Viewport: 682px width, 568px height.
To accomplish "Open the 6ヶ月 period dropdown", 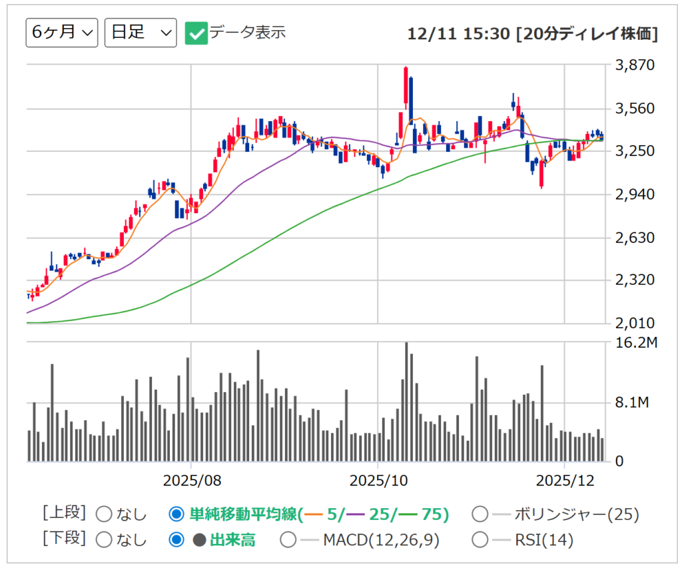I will pos(62,33).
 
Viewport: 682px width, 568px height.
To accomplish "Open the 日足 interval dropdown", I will pos(141,33).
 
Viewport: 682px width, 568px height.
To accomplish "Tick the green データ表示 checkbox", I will pos(197,33).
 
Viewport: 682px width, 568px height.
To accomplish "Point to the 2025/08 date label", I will pos(191,479).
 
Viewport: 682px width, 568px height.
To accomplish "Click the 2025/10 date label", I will pos(378,479).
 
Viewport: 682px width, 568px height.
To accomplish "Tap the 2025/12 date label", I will pos(564,479).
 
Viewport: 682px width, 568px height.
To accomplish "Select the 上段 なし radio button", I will pos(105,514).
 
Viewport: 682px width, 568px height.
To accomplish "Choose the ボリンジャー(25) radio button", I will pos(480,514).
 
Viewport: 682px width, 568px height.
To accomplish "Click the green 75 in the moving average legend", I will pos(433,514).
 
